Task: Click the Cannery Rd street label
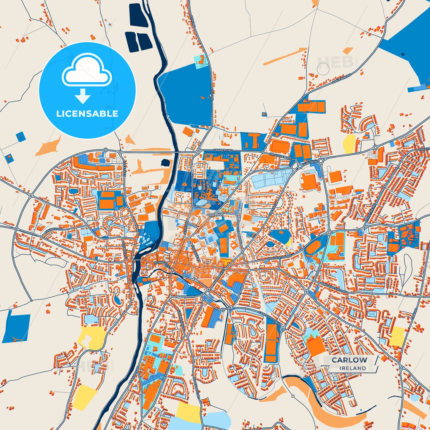tap(223, 151)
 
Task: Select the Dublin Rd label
tap(310, 162)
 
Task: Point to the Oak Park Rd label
tap(342, 79)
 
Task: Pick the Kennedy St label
tap(163, 265)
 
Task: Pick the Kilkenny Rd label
tap(134, 376)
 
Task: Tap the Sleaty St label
tap(124, 168)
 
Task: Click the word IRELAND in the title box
tap(353, 368)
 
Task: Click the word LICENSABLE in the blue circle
tap(87, 113)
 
